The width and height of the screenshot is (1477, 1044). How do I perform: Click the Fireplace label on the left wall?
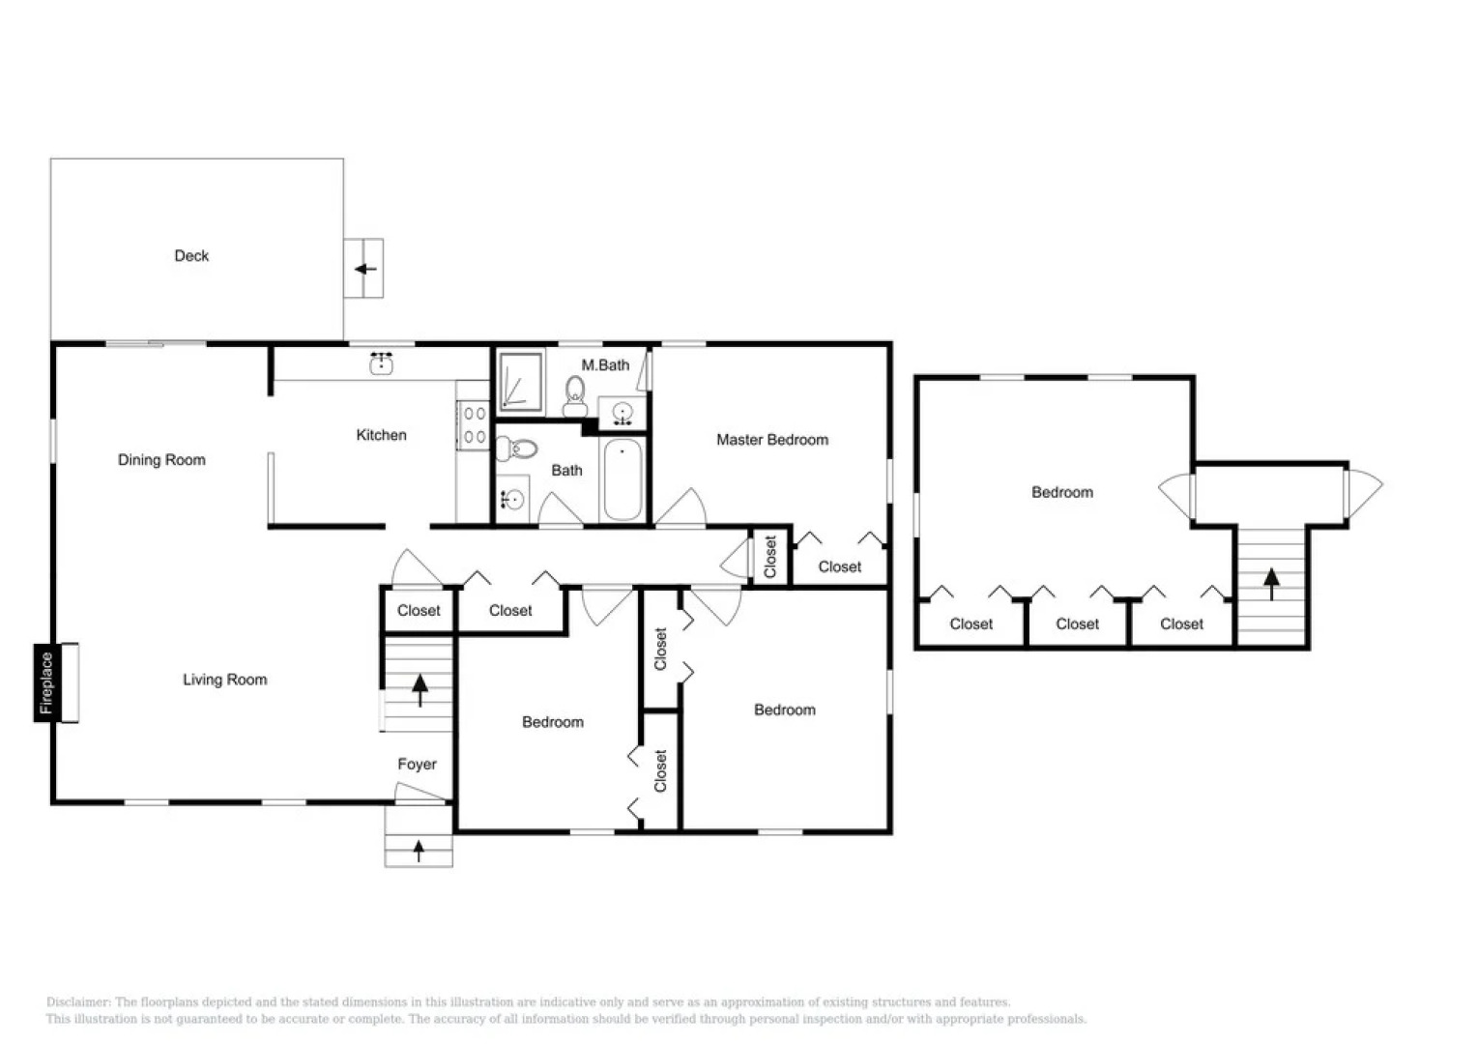45,682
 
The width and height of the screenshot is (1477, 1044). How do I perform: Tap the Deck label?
191,256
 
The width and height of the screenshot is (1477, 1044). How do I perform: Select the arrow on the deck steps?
364,269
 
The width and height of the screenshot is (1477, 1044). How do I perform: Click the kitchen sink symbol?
381,364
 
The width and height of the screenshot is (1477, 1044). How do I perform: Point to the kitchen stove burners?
474,425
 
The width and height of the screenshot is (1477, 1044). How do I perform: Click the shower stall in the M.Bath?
520,382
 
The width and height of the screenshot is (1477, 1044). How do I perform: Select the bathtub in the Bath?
623,479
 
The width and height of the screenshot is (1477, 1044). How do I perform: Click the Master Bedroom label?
771,440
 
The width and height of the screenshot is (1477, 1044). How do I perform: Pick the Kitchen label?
381,435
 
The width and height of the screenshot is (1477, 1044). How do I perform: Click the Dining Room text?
161,460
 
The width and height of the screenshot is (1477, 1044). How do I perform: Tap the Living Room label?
224,680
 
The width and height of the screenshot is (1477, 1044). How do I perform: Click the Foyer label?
417,765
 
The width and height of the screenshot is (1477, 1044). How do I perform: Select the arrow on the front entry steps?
419,851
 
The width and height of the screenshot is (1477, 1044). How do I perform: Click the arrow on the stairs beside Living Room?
420,690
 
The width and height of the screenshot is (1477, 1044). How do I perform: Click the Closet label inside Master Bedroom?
839,567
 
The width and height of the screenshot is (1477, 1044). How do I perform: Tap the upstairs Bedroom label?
1061,493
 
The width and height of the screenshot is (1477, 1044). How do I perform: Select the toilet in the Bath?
517,449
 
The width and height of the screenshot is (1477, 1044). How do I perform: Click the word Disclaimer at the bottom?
78,1002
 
